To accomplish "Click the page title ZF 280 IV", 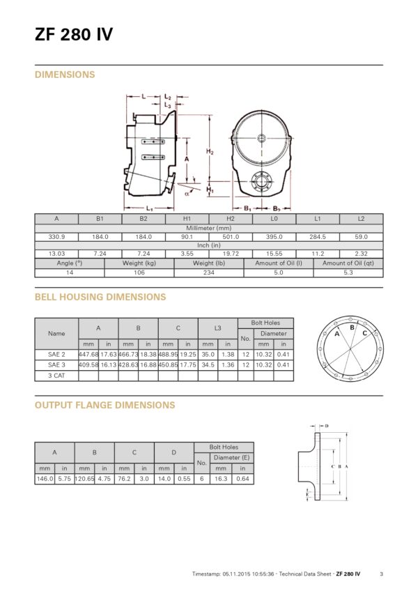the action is click(74, 34).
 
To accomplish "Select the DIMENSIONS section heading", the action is click(65, 75).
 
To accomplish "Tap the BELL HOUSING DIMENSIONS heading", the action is click(100, 297).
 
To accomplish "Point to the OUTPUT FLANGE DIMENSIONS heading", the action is click(104, 405).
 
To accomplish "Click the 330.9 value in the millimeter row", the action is click(56, 237).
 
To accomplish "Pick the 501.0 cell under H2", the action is click(231, 237).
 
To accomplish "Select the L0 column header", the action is click(274, 219).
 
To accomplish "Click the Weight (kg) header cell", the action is click(139, 263).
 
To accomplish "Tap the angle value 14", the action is click(70, 273).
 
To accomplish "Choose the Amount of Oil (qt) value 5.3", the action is click(348, 273).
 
